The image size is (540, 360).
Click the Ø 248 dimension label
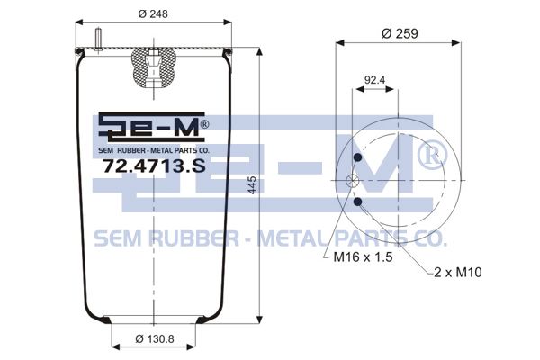coord(153,14)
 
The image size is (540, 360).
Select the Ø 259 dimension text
coord(400,34)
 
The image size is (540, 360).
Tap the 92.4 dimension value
coord(374,80)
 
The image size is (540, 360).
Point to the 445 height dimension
coord(252,185)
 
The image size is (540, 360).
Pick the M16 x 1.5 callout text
coord(363,257)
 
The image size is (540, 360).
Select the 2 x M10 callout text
coord(458,273)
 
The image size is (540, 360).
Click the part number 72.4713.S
coord(154,166)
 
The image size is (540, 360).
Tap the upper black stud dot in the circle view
coord(358,157)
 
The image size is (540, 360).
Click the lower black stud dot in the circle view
coord(358,202)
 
